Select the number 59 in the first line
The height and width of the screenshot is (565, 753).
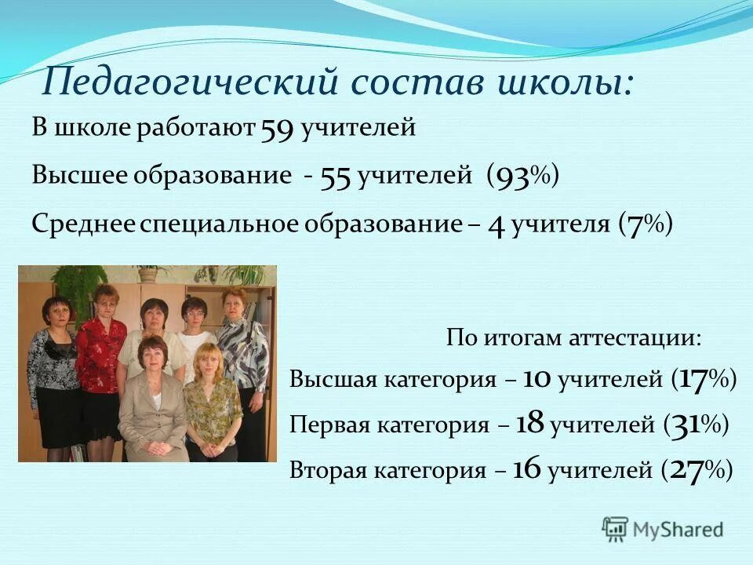click(x=277, y=129)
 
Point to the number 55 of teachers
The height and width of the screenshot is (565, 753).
click(x=335, y=177)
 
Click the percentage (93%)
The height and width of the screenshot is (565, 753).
click(x=522, y=177)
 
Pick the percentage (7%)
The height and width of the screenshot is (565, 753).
click(x=645, y=225)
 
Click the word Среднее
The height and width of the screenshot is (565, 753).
click(x=84, y=225)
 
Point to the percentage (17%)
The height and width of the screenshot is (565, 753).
click(x=704, y=380)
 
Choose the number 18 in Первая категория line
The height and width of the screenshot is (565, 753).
click(x=530, y=425)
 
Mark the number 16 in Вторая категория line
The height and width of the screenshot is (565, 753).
click(x=527, y=470)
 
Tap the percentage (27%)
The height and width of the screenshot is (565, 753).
click(x=697, y=470)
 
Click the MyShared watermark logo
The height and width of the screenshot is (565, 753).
click(x=663, y=529)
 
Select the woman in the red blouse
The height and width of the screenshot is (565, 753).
click(x=100, y=345)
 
